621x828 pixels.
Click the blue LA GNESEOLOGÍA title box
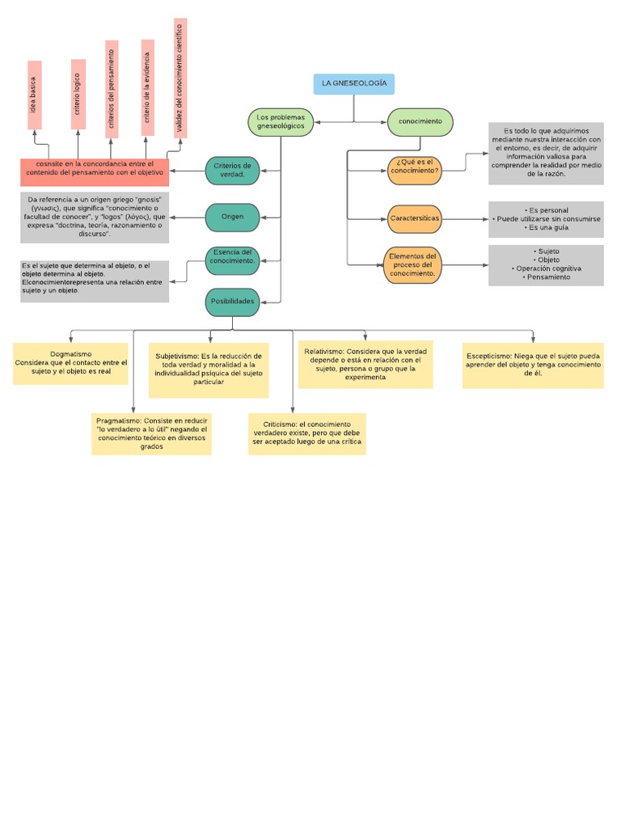[353, 83]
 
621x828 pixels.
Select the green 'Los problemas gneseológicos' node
[280, 122]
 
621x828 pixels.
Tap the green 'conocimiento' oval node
[420, 122]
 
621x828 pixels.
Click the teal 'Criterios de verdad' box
[233, 170]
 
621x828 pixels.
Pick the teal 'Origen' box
[233, 217]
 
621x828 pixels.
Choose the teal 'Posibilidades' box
[233, 302]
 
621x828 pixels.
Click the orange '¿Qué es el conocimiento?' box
[414, 167]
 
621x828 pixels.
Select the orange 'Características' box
[414, 218]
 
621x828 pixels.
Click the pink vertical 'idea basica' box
[34, 95]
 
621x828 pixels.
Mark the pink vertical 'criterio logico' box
[78, 94]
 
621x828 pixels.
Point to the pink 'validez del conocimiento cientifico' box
[180, 78]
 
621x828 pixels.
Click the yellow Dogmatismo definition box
[70, 363]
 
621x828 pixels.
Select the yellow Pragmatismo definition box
[151, 433]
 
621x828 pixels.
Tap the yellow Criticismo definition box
[306, 433]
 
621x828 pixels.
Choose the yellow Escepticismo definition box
[533, 365]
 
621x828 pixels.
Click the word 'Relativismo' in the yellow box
[323, 352]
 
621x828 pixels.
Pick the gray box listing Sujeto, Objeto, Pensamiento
[546, 265]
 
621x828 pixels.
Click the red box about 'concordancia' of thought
[95, 172]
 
